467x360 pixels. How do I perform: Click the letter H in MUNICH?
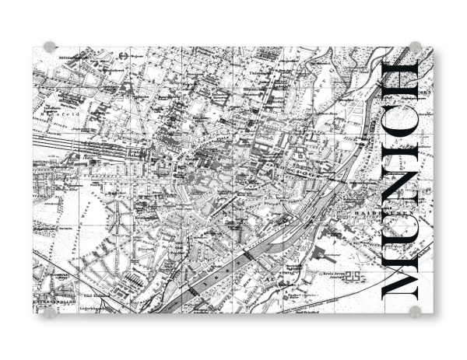pyautogui.click(x=402, y=80)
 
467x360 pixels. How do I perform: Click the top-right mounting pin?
pyautogui.click(x=415, y=47)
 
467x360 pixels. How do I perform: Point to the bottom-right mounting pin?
pyautogui.click(x=415, y=312)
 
